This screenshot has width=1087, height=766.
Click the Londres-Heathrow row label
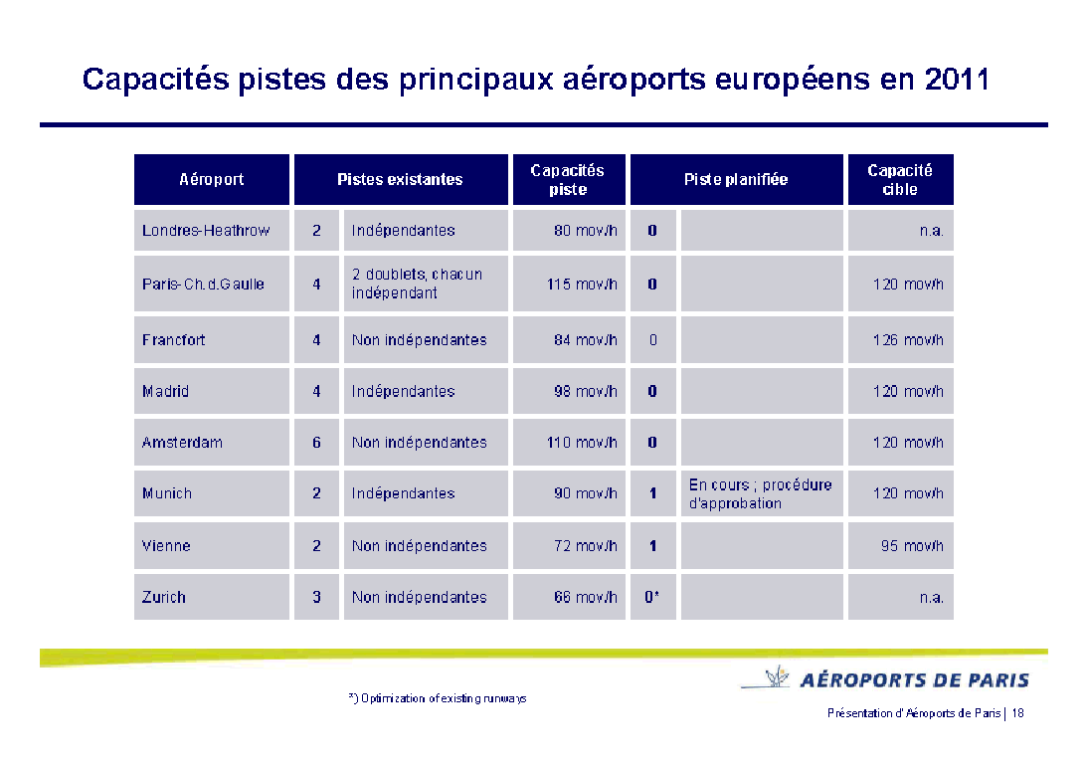point(206,231)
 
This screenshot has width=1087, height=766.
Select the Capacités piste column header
point(568,180)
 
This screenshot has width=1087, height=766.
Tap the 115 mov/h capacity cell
point(582,285)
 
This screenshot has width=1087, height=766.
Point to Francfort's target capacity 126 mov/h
point(908,340)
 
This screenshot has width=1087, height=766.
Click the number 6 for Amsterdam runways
point(316,443)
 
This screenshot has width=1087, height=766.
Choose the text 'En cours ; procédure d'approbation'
point(760,493)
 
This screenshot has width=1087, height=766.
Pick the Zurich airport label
point(164,598)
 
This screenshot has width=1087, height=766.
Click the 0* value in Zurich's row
point(652,598)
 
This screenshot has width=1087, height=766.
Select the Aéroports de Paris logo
point(885,680)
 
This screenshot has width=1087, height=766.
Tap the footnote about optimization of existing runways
point(438,698)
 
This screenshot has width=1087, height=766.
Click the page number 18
point(1017,713)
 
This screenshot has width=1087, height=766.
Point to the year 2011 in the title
point(956,80)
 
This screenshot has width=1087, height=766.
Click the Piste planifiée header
point(736,180)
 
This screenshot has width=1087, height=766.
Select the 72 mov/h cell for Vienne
point(586,546)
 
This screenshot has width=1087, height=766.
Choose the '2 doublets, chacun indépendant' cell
point(417,284)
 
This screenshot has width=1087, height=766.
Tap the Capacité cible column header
point(900,180)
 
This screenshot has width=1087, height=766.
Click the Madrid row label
point(166,392)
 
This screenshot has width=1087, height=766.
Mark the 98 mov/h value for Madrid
point(586,392)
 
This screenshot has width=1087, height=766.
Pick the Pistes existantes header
point(400,180)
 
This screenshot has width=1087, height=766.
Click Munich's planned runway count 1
point(652,493)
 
